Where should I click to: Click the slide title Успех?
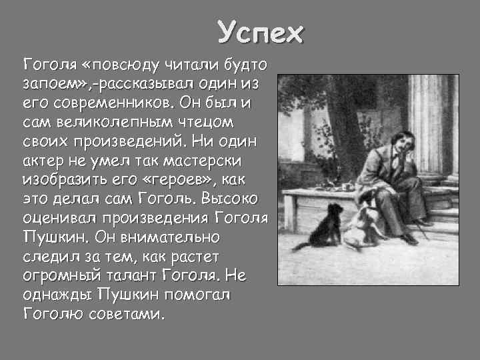(x=261, y=33)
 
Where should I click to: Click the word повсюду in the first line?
(x=129, y=65)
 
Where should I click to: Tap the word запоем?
(x=48, y=85)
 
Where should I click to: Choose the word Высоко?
(x=235, y=199)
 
